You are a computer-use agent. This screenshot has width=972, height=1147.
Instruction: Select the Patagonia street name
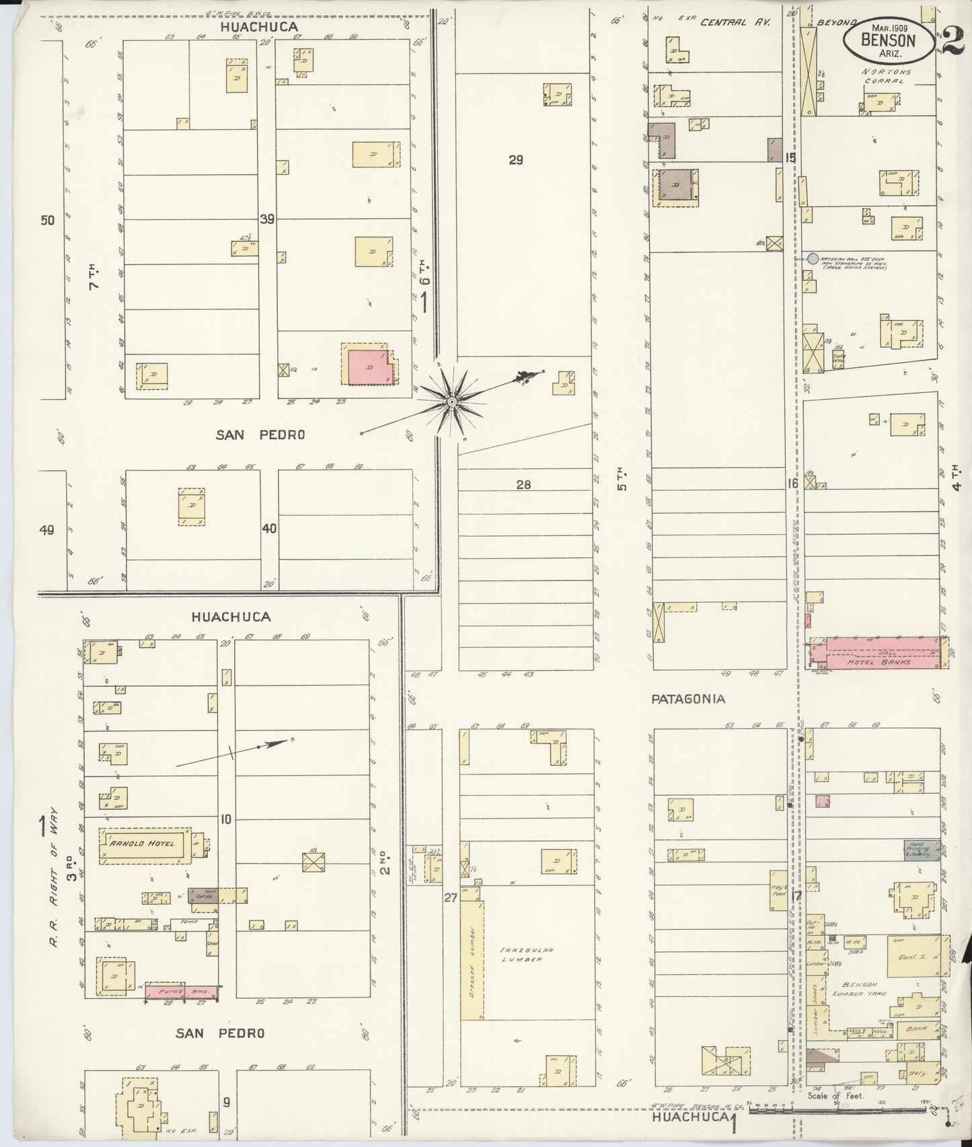point(688,699)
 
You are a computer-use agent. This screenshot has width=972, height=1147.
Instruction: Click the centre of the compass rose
point(451,402)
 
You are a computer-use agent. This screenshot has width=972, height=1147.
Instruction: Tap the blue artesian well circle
point(813,258)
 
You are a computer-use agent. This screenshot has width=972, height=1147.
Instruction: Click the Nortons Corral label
point(882,76)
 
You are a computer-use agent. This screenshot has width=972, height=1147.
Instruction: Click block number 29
point(516,160)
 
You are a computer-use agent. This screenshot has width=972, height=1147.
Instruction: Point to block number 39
point(268,219)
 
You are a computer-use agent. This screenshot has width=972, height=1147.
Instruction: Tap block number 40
point(269,529)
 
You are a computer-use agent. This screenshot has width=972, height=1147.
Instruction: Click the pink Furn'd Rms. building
point(182,992)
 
